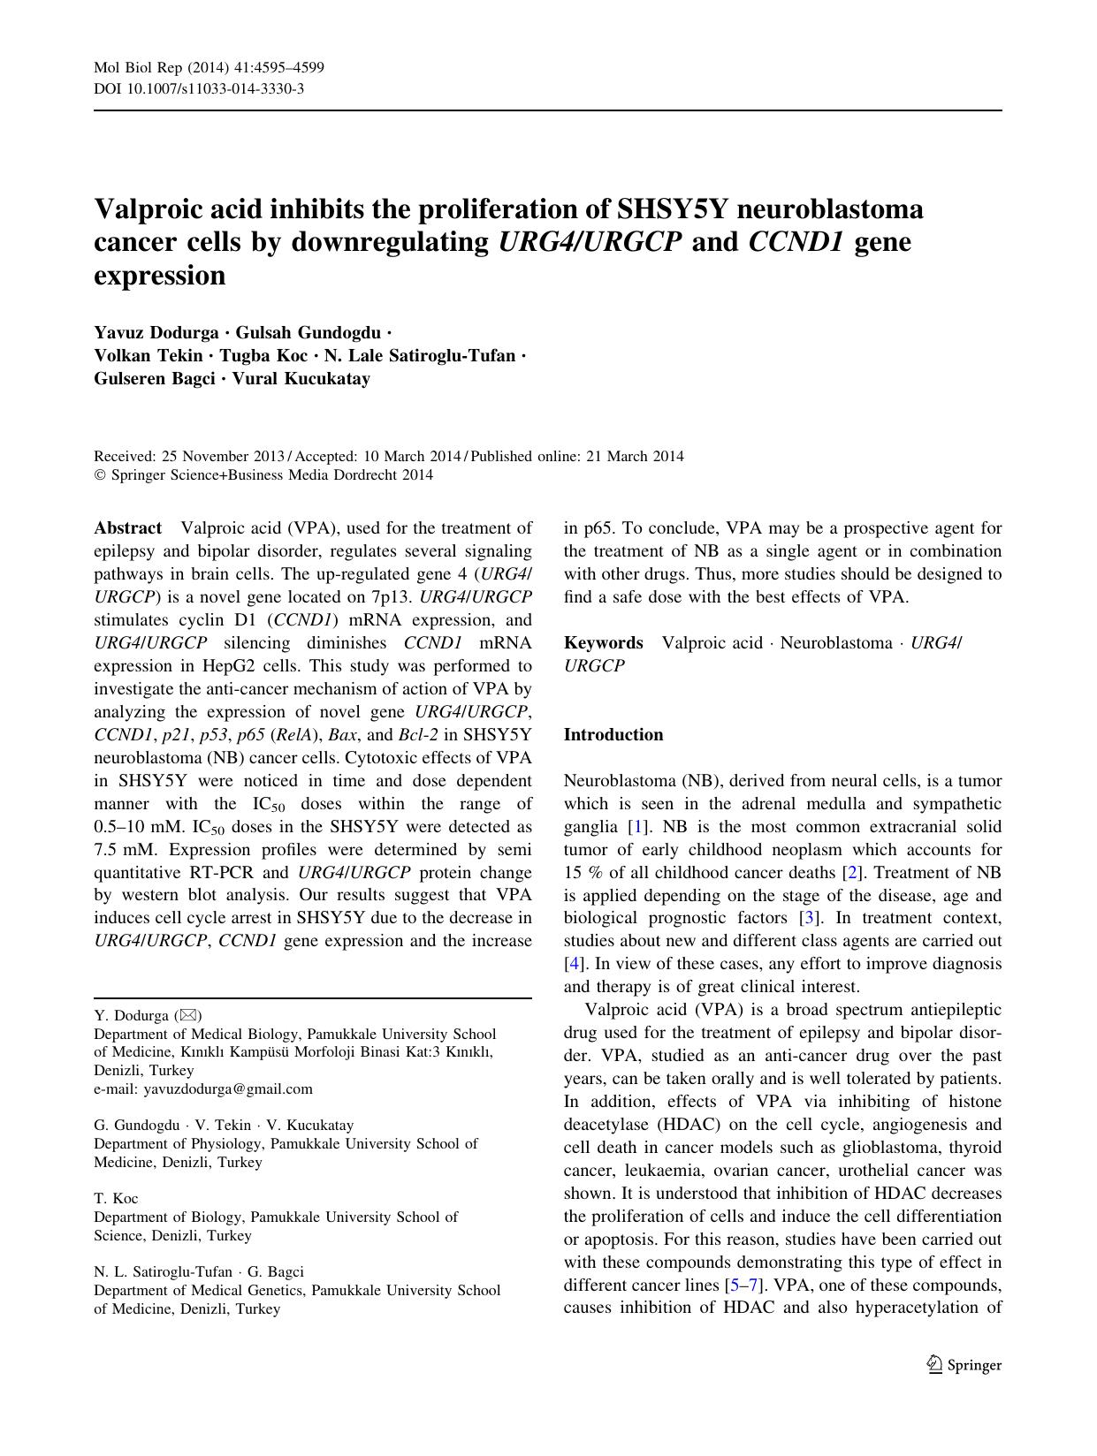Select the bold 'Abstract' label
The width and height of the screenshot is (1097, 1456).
tap(127, 528)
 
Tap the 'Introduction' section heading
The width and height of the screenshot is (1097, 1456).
tap(613, 735)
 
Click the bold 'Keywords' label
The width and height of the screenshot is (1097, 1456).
tap(604, 643)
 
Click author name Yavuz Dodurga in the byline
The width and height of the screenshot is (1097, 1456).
tap(156, 333)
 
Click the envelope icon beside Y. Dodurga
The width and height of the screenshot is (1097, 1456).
tap(188, 1015)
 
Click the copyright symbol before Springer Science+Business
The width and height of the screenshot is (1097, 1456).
tap(99, 475)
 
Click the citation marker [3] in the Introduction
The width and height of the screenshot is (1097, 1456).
tap(807, 919)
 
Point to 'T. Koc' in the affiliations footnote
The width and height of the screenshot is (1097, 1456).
tap(116, 1198)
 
